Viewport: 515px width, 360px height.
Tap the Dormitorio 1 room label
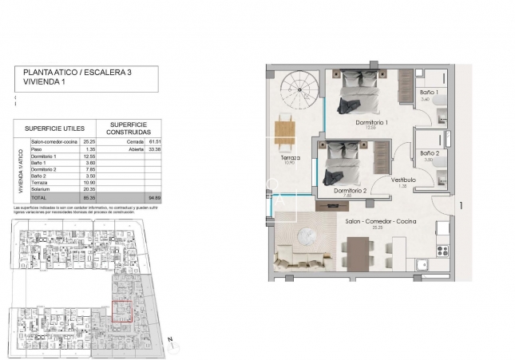(371, 123)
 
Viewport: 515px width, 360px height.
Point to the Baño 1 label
(429, 93)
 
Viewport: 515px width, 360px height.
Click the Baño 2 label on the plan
(429, 152)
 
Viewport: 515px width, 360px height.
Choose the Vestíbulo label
(403, 180)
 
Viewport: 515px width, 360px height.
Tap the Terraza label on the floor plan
(291, 158)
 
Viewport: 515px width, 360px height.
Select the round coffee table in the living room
(308, 236)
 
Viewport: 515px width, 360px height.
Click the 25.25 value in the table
(88, 141)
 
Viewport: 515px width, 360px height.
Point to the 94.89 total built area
(154, 196)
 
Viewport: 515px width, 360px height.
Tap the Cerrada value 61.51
(154, 141)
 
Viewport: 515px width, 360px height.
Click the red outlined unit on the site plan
(121, 311)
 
